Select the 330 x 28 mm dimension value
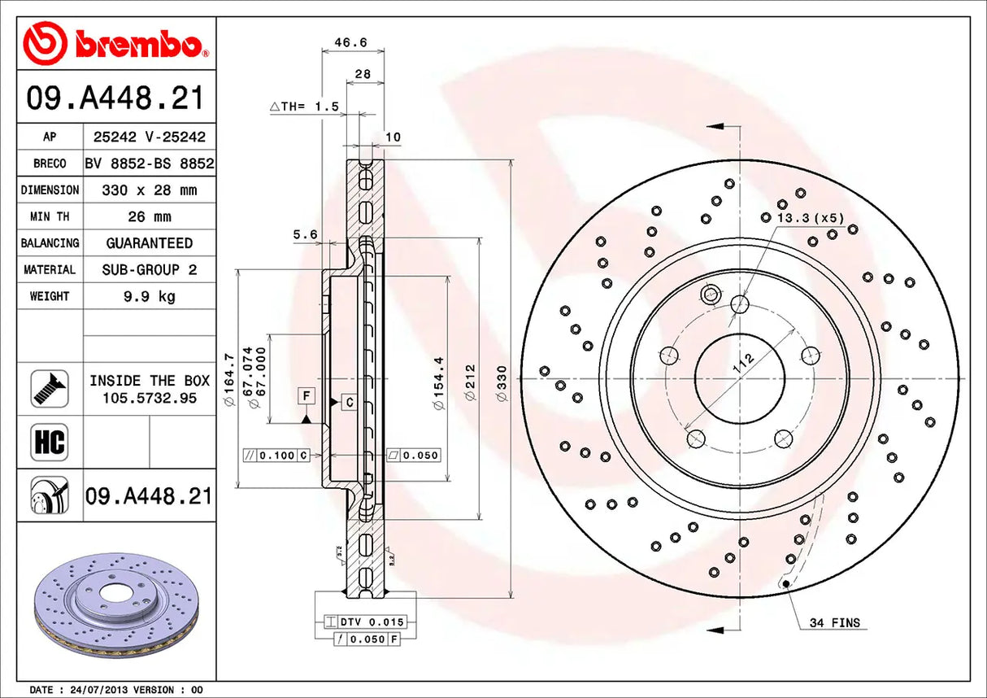149,190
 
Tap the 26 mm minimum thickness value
149,217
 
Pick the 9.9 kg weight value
149,296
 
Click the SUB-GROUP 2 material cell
149,269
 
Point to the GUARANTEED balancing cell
149,243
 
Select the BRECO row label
50,164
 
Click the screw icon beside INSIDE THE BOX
49,389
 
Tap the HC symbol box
49,442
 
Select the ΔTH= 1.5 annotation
303,107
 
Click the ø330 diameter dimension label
502,382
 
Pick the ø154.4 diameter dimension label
440,382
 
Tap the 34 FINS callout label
833,623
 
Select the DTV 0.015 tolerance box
370,622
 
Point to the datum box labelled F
306,396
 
